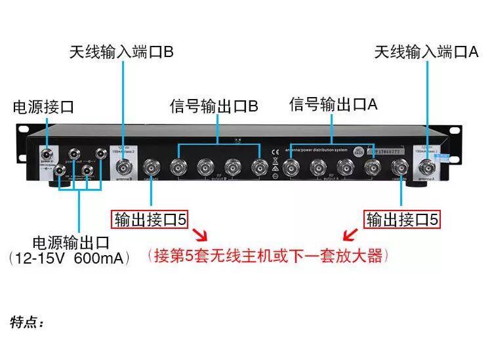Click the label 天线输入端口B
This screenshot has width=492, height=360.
(x=121, y=52)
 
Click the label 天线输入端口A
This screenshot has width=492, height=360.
(x=426, y=52)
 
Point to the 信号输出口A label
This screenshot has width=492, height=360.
(x=334, y=104)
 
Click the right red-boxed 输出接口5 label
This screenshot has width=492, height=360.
(x=401, y=219)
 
